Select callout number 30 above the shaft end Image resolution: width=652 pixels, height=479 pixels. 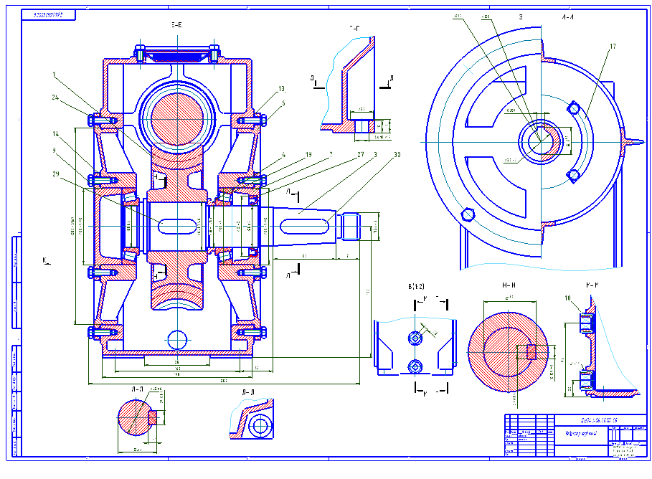pyautogui.click(x=396, y=153)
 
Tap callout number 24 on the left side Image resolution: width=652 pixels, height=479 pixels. pyautogui.click(x=55, y=97)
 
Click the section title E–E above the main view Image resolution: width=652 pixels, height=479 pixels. pyautogui.click(x=177, y=26)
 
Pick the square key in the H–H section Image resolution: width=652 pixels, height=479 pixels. pyautogui.click(x=530, y=351)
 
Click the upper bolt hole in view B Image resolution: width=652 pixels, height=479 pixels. pyautogui.click(x=415, y=337)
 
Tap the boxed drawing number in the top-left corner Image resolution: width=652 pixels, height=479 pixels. pyautogui.click(x=48, y=15)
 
